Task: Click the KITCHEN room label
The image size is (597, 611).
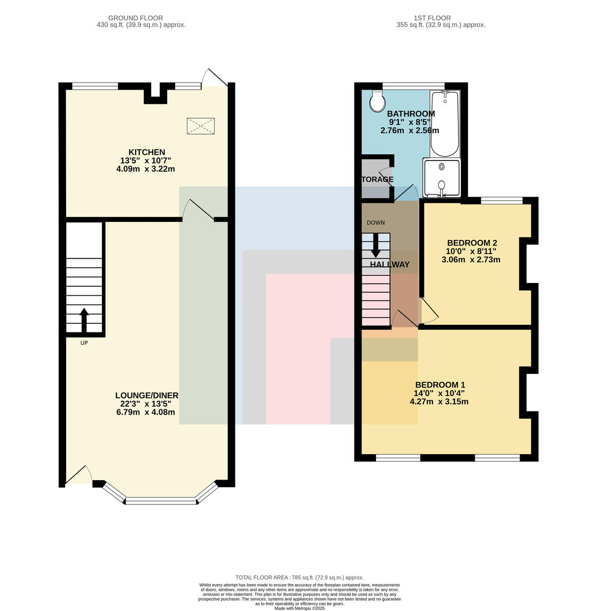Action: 147,152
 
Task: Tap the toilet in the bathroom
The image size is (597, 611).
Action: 377,101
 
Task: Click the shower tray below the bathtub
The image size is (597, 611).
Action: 441,177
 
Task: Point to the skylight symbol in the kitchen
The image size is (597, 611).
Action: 201,126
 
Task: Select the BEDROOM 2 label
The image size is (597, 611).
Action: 472,243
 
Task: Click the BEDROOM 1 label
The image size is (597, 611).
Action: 440,384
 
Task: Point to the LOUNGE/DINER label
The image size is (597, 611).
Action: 147,395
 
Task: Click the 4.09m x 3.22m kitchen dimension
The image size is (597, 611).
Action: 145,169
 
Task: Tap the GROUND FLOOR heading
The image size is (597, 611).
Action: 135,18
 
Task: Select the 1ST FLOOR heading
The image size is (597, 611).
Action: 432,18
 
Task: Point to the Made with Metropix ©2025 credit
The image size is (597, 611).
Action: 300,608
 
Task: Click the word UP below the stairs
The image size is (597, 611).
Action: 84,343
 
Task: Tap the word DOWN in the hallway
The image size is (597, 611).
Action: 375,223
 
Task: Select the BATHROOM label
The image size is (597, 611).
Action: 411,114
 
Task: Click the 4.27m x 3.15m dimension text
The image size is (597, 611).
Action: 439,402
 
